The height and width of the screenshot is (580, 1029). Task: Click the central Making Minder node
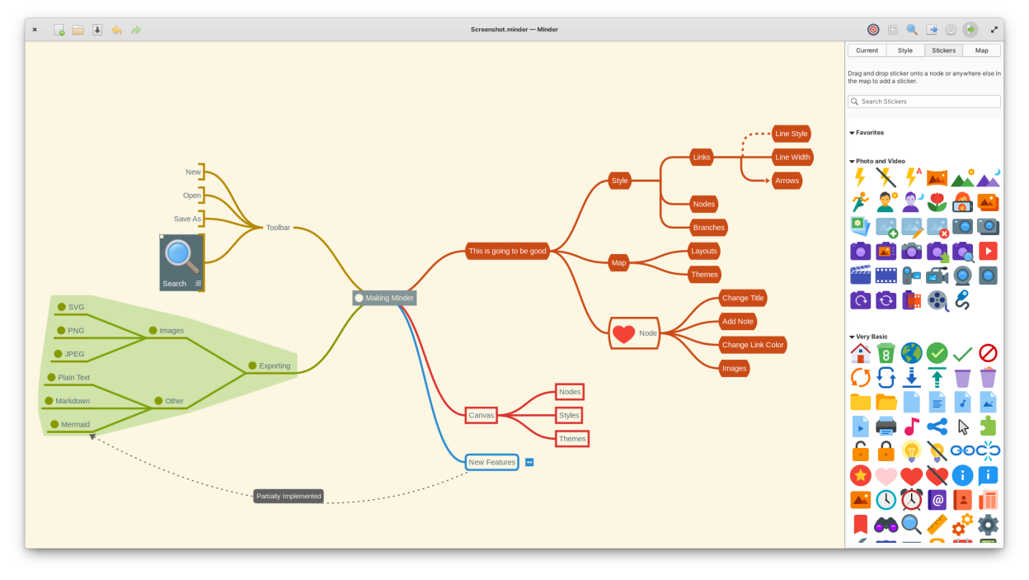tap(385, 298)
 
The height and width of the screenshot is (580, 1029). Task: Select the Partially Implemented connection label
tap(289, 496)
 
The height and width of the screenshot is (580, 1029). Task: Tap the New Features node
tap(491, 462)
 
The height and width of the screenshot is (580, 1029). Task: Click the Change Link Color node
tap(752, 345)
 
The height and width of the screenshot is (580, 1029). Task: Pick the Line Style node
tap(792, 134)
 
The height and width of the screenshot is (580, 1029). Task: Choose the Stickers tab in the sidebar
tap(943, 50)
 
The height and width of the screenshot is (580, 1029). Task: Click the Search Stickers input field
tap(924, 101)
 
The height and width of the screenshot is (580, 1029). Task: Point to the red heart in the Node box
tap(624, 333)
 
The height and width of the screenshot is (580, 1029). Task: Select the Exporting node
tap(275, 365)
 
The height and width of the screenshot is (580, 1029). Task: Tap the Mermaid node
tap(75, 424)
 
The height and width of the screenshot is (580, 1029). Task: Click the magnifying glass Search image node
tap(181, 262)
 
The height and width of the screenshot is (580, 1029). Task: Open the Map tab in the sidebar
tap(981, 50)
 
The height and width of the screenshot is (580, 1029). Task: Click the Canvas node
tap(482, 415)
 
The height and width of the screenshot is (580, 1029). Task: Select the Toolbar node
tap(278, 228)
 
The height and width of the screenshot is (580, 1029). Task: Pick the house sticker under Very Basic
tap(860, 354)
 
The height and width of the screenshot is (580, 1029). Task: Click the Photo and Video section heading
tap(880, 161)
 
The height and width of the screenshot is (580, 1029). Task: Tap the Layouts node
tap(704, 251)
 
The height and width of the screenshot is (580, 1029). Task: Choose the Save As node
tap(187, 219)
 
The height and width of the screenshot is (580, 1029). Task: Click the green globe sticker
tap(911, 354)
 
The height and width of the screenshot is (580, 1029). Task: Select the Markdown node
tap(73, 401)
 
